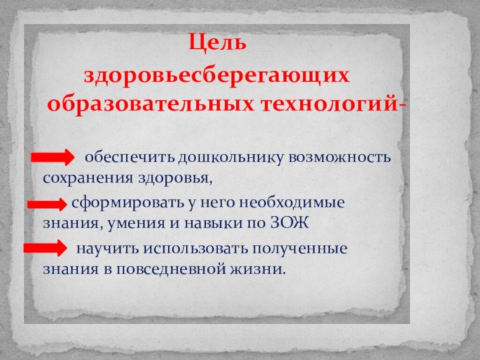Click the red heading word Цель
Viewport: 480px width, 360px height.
217,43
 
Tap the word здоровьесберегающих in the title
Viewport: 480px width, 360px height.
216,75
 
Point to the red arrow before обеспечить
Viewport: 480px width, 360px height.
53,158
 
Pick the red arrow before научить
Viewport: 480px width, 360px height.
45,249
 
